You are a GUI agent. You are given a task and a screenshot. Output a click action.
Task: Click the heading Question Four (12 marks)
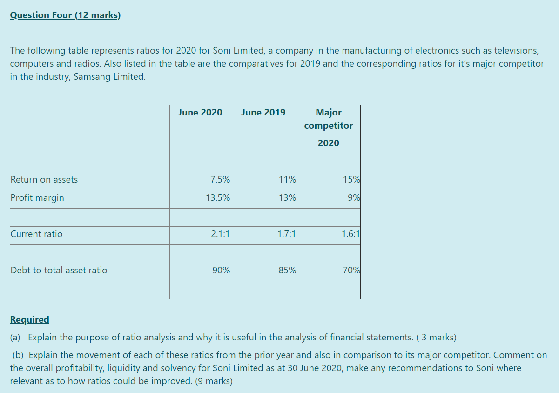(65, 15)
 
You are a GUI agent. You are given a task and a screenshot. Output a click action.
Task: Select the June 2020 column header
(200, 112)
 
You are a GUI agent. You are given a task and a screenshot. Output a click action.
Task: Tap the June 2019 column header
(263, 112)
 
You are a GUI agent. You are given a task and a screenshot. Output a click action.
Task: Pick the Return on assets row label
(44, 180)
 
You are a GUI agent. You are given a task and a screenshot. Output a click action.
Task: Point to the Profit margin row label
(37, 198)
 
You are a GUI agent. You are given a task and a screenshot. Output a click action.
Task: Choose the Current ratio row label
(36, 234)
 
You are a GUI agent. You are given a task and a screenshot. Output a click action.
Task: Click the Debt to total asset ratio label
(59, 271)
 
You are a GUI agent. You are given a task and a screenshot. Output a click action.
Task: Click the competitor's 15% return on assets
(351, 180)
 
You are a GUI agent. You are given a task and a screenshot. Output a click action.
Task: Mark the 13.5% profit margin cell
(217, 198)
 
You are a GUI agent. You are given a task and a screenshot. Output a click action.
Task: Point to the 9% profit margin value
(353, 198)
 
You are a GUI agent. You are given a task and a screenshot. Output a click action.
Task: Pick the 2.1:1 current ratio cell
(220, 234)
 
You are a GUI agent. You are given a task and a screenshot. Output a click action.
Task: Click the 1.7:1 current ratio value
(286, 234)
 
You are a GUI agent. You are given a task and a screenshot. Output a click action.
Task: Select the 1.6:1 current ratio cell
(350, 234)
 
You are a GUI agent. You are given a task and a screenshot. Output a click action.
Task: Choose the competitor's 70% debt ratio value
(351, 271)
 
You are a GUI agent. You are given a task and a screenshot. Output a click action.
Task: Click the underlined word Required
(29, 319)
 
